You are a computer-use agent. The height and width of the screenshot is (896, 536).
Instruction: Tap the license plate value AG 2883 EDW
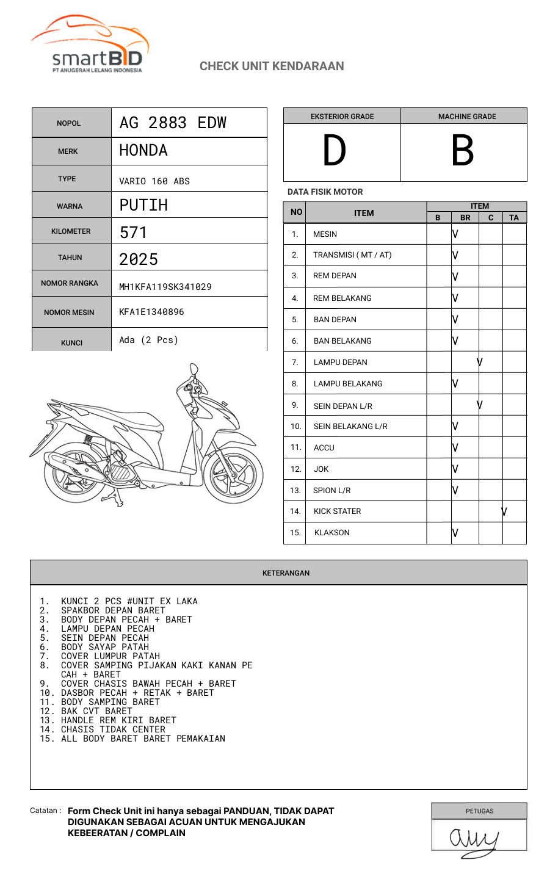pyautogui.click(x=173, y=123)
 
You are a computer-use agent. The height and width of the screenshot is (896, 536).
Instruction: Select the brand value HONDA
pyautogui.click(x=143, y=150)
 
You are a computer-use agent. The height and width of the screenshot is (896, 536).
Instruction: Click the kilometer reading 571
pyautogui.click(x=133, y=232)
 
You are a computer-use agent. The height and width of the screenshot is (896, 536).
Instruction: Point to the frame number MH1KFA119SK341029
pyautogui.click(x=165, y=287)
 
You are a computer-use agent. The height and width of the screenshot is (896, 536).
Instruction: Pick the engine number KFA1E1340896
pyautogui.click(x=151, y=312)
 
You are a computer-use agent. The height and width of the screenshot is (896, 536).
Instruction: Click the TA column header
pyautogui.click(x=514, y=218)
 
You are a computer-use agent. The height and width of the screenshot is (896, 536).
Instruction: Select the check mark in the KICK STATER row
pyautogui.click(x=504, y=511)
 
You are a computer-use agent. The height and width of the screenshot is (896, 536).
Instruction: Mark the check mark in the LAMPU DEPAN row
pyautogui.click(x=480, y=362)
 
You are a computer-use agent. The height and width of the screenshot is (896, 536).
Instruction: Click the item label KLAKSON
pyautogui.click(x=332, y=533)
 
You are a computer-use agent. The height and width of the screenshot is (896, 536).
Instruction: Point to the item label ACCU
pyautogui.click(x=324, y=448)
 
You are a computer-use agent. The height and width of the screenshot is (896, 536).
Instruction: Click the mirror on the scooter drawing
pyautogui.click(x=194, y=370)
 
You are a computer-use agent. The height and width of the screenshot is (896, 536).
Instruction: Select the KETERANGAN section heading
pyautogui.click(x=286, y=573)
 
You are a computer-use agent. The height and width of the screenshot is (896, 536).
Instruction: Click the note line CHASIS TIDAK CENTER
pyautogui.click(x=113, y=729)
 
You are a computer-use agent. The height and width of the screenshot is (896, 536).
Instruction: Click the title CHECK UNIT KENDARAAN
pyautogui.click(x=272, y=66)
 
